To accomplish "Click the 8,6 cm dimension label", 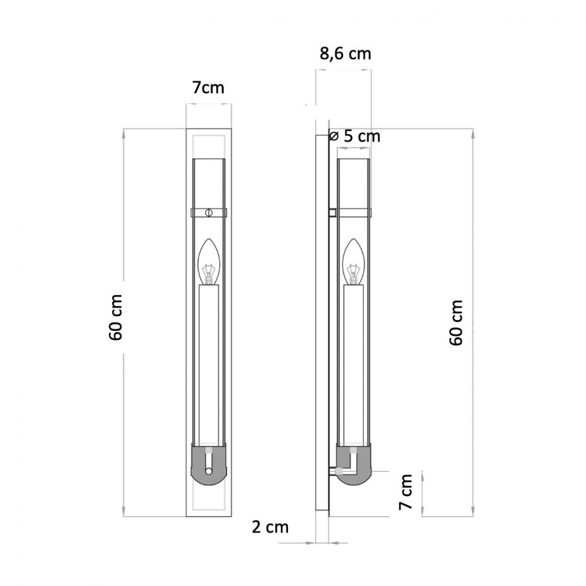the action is pyautogui.click(x=345, y=54).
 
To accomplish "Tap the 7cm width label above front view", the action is pyautogui.click(x=208, y=88).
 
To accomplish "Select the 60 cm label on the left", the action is pyautogui.click(x=116, y=318).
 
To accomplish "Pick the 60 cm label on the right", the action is pyautogui.click(x=456, y=323).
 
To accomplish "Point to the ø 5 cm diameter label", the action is pyautogui.click(x=355, y=136).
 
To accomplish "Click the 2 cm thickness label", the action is pyautogui.click(x=270, y=527).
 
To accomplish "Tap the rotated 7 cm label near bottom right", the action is pyautogui.click(x=406, y=492).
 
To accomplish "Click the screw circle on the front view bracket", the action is pyautogui.click(x=209, y=212).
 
